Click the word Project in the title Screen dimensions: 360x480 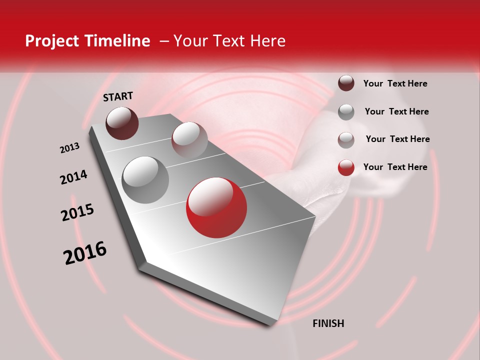click(51, 41)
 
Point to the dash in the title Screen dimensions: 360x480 click(163, 41)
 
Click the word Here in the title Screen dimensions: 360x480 click(267, 41)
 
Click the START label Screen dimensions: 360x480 click(118, 96)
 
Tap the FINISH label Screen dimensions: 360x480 click(328, 323)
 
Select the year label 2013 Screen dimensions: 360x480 click(69, 148)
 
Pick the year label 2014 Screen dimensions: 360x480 click(73, 177)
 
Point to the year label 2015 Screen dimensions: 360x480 click(77, 212)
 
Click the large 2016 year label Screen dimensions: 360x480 click(85, 253)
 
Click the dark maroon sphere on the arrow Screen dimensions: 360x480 click(122, 123)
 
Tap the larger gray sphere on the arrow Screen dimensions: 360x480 click(145, 179)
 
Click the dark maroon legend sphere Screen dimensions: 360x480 click(346, 83)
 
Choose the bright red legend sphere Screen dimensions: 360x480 click(346, 167)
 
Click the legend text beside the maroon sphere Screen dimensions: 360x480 click(395, 83)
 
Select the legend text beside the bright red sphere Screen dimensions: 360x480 click(395, 167)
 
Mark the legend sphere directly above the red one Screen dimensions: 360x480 click(346, 140)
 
